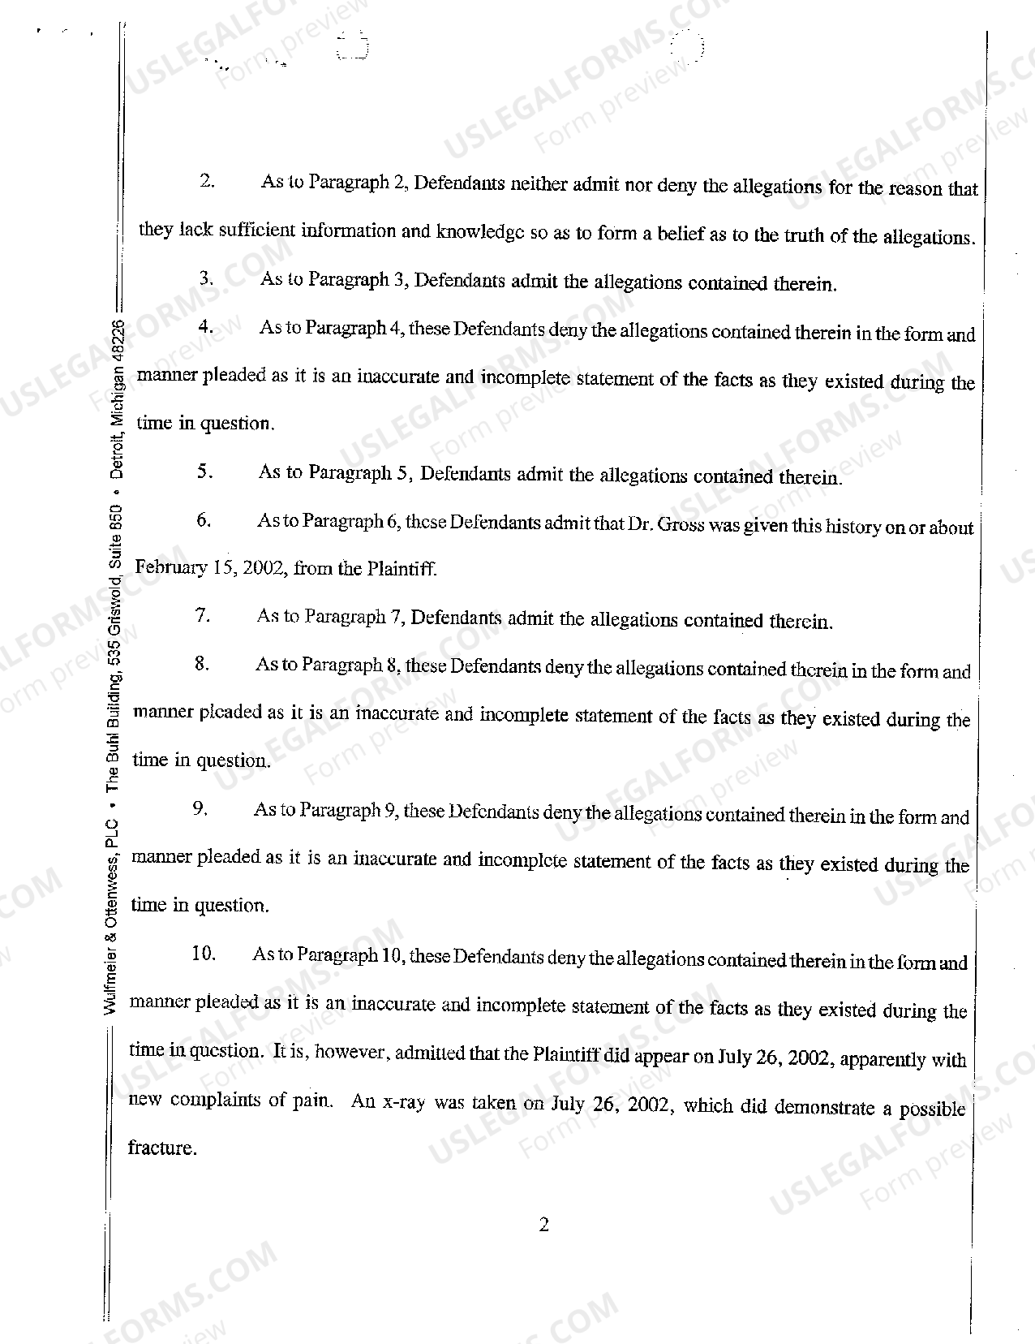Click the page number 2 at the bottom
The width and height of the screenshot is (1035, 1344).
(x=543, y=1225)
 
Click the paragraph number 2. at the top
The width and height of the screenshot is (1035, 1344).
(x=207, y=181)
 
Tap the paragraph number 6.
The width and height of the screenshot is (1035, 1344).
(x=203, y=520)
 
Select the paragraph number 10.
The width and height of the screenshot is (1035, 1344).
(x=204, y=954)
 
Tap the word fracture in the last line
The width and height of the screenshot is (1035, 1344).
(x=161, y=1148)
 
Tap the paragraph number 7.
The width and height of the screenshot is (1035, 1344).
(x=203, y=616)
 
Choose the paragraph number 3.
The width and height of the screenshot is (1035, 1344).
(x=206, y=278)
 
